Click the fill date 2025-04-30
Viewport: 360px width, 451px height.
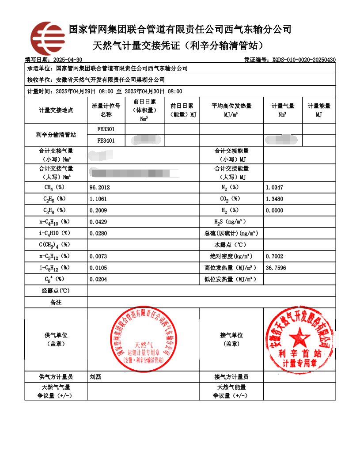(67, 60)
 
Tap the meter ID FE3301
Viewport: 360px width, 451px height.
(106, 129)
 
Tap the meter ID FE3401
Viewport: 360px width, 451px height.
(106, 141)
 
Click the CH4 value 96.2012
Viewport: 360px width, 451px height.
(100, 187)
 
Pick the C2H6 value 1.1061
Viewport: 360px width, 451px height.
(98, 199)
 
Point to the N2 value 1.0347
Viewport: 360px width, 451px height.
(274, 187)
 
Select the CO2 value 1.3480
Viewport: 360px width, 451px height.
(274, 199)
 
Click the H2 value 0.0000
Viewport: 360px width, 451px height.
(274, 210)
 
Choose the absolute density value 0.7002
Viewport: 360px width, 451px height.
(274, 256)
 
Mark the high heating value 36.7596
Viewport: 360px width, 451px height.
(276, 268)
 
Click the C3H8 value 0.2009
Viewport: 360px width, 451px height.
(98, 210)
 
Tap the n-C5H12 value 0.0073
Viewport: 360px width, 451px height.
(98, 256)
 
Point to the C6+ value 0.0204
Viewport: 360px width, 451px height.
(98, 279)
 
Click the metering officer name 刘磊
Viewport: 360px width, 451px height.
(95, 377)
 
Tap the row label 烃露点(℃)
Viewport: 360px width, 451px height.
(56, 291)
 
